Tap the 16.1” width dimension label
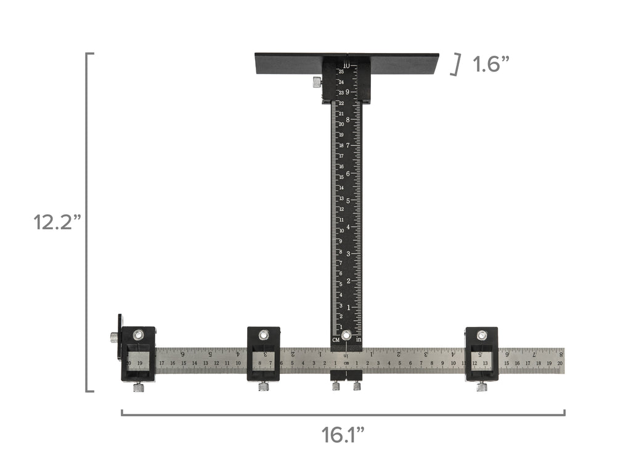coord(343,435)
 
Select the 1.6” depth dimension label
coord(491,64)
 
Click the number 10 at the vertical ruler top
coord(346,65)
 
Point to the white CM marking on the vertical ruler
coord(336,340)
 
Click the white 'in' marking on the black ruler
coord(358,340)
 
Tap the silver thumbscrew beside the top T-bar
coord(317,81)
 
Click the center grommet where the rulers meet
coord(346,336)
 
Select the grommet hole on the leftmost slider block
coord(138,334)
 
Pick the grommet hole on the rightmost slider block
coord(481,335)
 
